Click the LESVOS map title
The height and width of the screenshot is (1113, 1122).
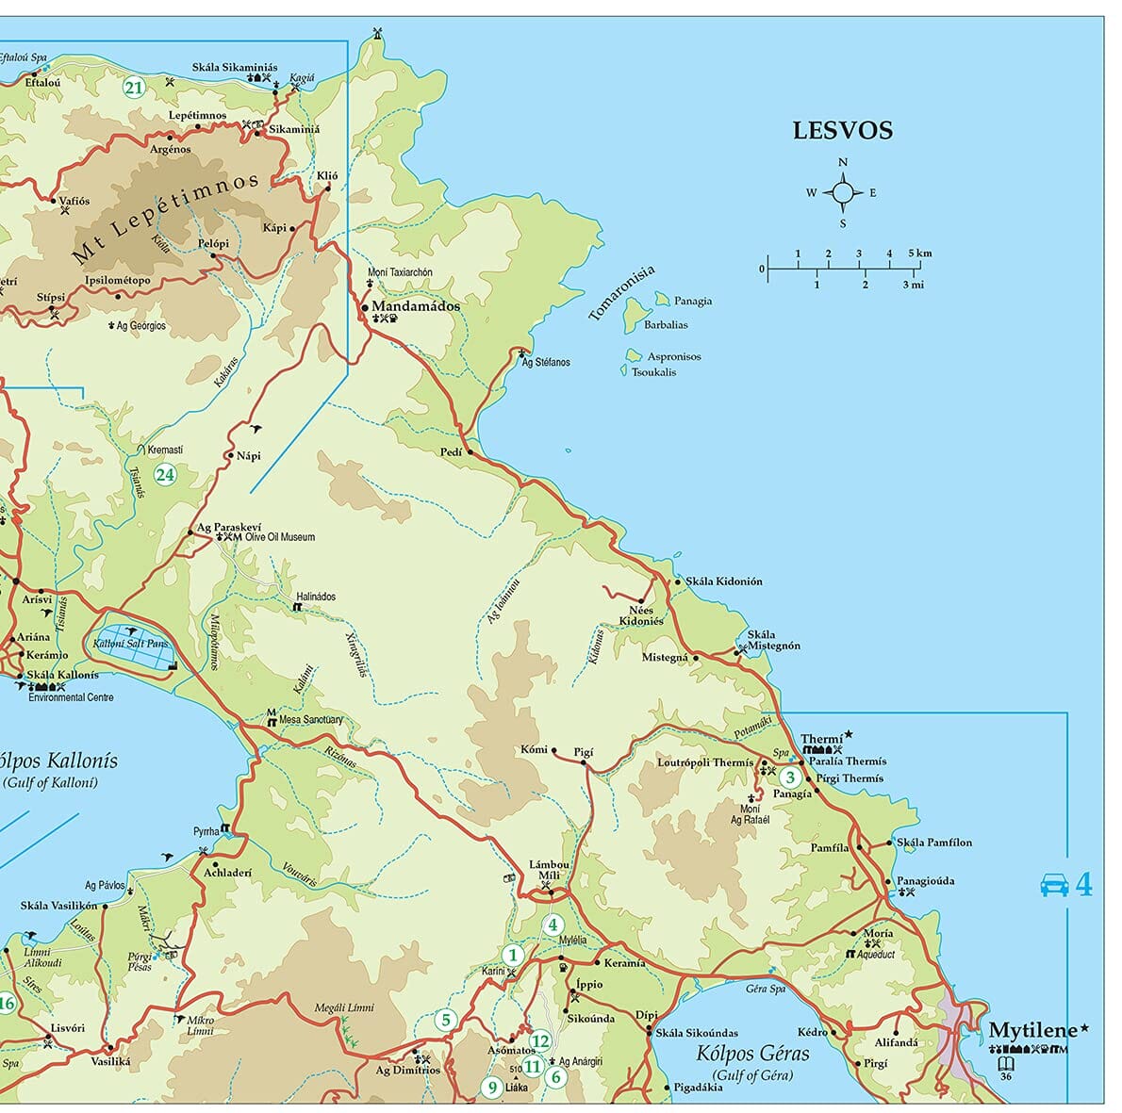point(842,131)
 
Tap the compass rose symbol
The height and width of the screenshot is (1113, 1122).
point(842,193)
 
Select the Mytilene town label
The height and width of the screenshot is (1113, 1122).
point(1031,1031)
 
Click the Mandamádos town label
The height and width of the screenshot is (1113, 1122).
point(416,306)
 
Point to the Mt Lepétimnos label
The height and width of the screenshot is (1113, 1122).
point(166,218)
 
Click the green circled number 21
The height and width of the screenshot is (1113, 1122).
point(133,89)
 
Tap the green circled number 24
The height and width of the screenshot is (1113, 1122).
point(165,474)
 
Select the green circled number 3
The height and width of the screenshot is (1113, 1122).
point(790,777)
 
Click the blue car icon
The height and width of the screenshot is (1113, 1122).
point(1053,885)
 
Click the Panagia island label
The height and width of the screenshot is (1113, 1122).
point(693,302)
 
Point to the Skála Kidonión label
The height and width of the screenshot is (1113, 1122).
point(723,581)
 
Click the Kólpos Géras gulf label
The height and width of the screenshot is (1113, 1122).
point(752,1054)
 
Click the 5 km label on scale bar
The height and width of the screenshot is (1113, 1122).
point(920,254)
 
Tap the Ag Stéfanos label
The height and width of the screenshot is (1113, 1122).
point(546,363)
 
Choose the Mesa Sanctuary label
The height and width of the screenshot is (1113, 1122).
point(311,720)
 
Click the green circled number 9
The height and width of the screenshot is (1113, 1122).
point(490,1087)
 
